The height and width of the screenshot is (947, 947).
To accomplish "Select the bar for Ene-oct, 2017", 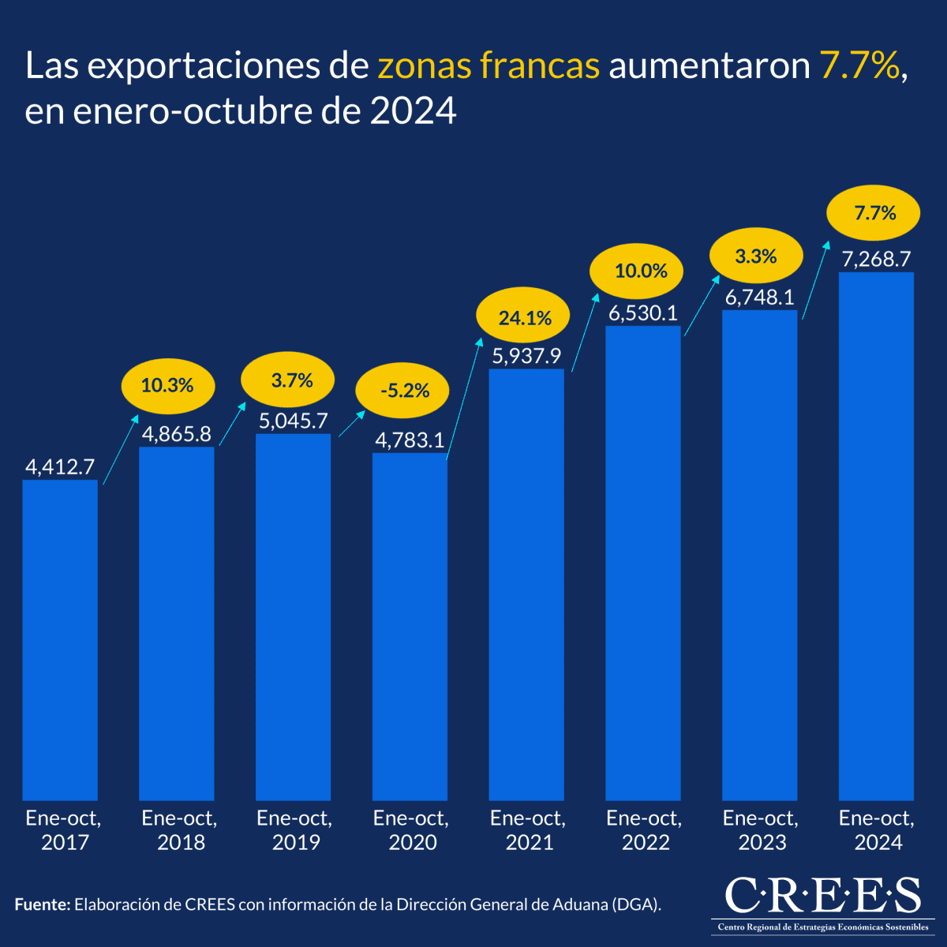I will tap(60, 639).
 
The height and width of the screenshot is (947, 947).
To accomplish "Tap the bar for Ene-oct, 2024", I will tap(876, 536).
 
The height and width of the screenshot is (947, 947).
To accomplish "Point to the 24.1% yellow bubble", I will tap(525, 318).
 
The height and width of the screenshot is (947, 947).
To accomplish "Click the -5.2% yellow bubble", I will tap(403, 391).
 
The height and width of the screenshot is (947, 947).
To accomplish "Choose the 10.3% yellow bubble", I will tap(167, 385).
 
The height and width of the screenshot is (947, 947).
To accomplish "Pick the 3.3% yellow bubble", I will tap(756, 256).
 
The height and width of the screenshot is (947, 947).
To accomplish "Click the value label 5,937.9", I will tap(526, 356).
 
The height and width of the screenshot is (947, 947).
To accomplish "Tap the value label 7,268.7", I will tap(876, 259).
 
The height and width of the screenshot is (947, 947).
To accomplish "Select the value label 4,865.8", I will tap(177, 434).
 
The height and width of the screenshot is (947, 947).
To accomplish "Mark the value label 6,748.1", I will tap(759, 298).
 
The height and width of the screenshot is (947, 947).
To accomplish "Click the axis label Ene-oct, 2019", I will tap(294, 830).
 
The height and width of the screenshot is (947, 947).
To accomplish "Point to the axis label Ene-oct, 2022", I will tap(644, 830).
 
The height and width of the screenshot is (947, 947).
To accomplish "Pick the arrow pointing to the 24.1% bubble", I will tap(464, 399).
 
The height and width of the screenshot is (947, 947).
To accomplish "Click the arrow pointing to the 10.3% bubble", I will tap(121, 448).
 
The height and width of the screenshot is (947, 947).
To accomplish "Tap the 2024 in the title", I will tap(413, 111).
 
